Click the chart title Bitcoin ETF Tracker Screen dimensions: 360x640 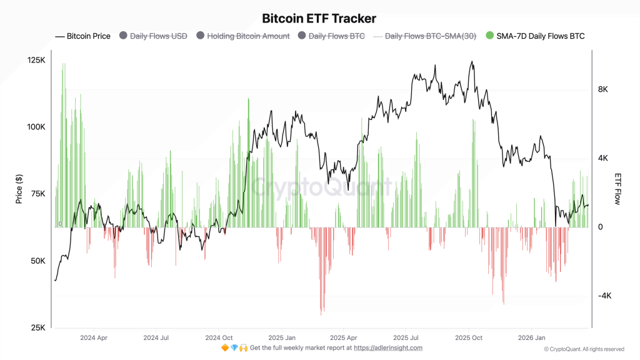319,19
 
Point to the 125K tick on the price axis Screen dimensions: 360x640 37,60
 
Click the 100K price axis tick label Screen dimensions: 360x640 37,127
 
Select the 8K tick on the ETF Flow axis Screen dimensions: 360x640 603,89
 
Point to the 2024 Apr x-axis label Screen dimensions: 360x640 93,337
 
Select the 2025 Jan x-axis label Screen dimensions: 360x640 281,337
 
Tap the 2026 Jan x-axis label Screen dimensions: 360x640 531,337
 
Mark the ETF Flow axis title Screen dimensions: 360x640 618,189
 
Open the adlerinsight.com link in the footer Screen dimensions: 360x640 388,347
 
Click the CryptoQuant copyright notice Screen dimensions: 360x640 584,349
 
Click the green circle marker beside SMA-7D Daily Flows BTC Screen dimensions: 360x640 490,36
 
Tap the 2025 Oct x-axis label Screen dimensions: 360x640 468,337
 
